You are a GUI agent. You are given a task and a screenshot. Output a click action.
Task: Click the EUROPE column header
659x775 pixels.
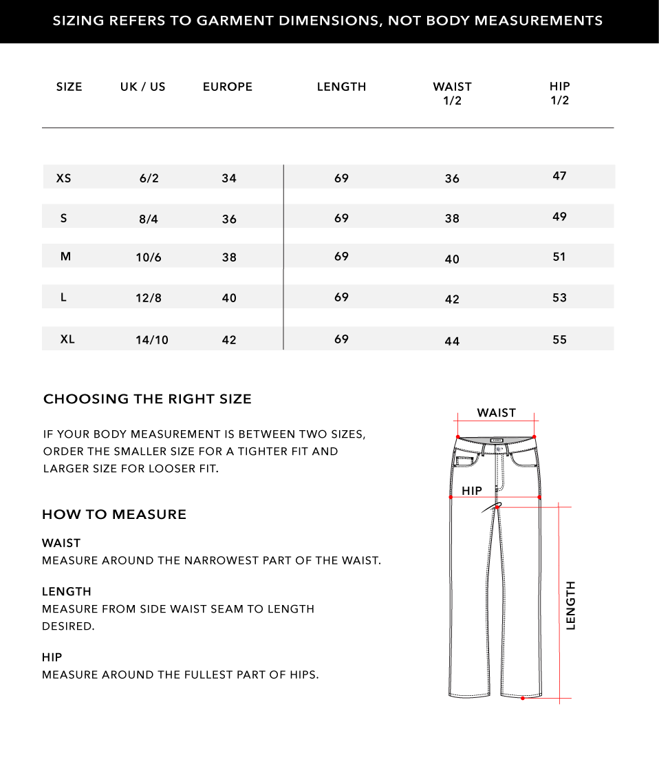click(x=228, y=87)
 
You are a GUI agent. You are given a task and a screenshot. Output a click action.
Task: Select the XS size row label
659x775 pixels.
click(x=63, y=178)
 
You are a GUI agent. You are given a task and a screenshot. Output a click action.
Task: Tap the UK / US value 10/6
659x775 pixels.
click(x=149, y=257)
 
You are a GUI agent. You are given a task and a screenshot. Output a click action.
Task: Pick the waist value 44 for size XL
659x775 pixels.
click(x=452, y=341)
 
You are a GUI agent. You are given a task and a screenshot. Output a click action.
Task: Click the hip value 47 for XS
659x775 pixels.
click(x=559, y=176)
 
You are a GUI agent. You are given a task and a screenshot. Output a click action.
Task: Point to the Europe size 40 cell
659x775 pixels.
click(x=229, y=298)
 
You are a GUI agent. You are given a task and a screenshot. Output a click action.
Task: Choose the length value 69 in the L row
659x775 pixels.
click(x=342, y=297)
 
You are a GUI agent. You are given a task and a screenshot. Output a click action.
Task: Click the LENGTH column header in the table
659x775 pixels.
click(x=341, y=87)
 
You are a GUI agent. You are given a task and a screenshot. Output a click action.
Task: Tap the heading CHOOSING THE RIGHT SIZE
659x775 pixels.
click(x=147, y=399)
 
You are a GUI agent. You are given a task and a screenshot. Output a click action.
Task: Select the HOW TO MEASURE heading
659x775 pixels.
click(x=114, y=514)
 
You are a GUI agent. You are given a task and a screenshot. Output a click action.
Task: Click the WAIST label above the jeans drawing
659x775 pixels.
click(x=496, y=413)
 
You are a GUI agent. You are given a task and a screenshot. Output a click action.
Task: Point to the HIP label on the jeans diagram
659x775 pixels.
click(x=472, y=491)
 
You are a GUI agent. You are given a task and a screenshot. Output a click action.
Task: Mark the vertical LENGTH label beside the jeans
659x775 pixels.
click(x=570, y=605)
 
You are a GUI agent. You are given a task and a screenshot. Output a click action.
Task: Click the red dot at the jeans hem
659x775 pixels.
click(x=523, y=699)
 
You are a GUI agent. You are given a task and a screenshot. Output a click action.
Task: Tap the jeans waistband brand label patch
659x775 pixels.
click(x=497, y=440)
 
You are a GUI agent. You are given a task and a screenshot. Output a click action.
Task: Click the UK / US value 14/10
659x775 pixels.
click(x=152, y=340)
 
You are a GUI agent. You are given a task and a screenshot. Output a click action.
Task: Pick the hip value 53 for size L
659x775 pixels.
click(x=559, y=298)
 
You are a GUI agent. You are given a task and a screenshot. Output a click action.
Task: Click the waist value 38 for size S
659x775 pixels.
click(x=452, y=219)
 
